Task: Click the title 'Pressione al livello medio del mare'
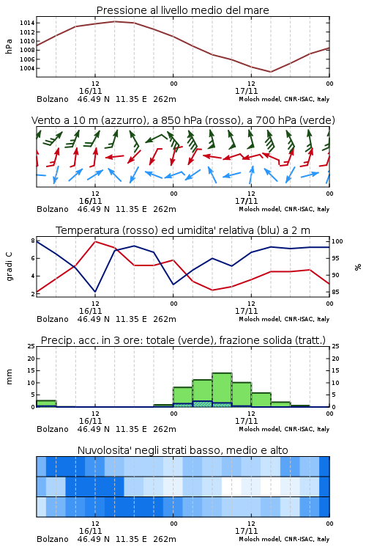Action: (182, 10)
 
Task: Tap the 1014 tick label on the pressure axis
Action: (27, 23)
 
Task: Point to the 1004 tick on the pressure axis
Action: (27, 68)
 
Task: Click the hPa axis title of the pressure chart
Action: (9, 46)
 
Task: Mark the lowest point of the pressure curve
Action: (270, 72)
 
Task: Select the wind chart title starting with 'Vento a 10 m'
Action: (183, 120)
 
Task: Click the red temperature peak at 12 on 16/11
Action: (95, 241)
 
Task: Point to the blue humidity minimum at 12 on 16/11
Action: (95, 292)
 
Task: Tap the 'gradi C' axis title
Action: (10, 266)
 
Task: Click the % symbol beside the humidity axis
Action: (358, 267)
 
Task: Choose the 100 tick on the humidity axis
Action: (337, 241)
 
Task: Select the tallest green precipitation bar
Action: (222, 390)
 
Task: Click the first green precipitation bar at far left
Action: (46, 404)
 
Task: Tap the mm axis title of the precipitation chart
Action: (9, 377)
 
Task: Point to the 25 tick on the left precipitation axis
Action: (31, 346)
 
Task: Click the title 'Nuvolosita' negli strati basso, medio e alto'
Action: (182, 450)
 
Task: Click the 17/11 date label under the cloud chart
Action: (246, 531)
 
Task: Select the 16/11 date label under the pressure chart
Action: (90, 91)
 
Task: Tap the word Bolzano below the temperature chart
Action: (53, 319)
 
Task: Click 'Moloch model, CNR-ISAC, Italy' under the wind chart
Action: (284, 209)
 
